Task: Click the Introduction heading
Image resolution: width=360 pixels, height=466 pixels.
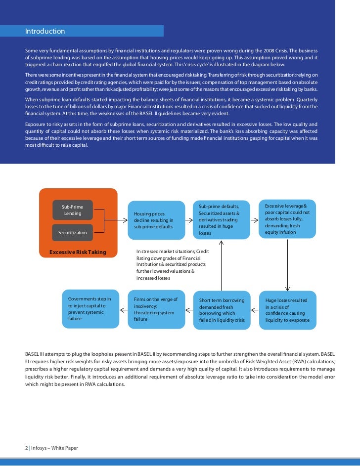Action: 45,32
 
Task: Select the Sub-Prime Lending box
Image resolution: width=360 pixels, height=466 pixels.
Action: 73,211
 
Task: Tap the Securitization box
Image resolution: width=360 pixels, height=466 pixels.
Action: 73,232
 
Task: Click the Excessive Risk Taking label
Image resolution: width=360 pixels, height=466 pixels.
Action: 78,252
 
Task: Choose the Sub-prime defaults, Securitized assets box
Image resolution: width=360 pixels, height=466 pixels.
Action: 221,219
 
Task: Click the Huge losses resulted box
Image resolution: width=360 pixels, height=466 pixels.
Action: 288,310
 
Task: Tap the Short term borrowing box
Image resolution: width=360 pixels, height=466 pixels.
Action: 221,310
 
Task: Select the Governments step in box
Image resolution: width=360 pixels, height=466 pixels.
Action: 90,309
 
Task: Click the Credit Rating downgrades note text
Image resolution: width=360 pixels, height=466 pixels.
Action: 173,264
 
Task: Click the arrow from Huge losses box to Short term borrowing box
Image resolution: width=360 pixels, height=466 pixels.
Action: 255,310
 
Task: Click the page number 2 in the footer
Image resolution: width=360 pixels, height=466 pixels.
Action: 26,448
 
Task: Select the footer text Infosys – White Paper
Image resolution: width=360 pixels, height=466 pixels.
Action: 54,448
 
